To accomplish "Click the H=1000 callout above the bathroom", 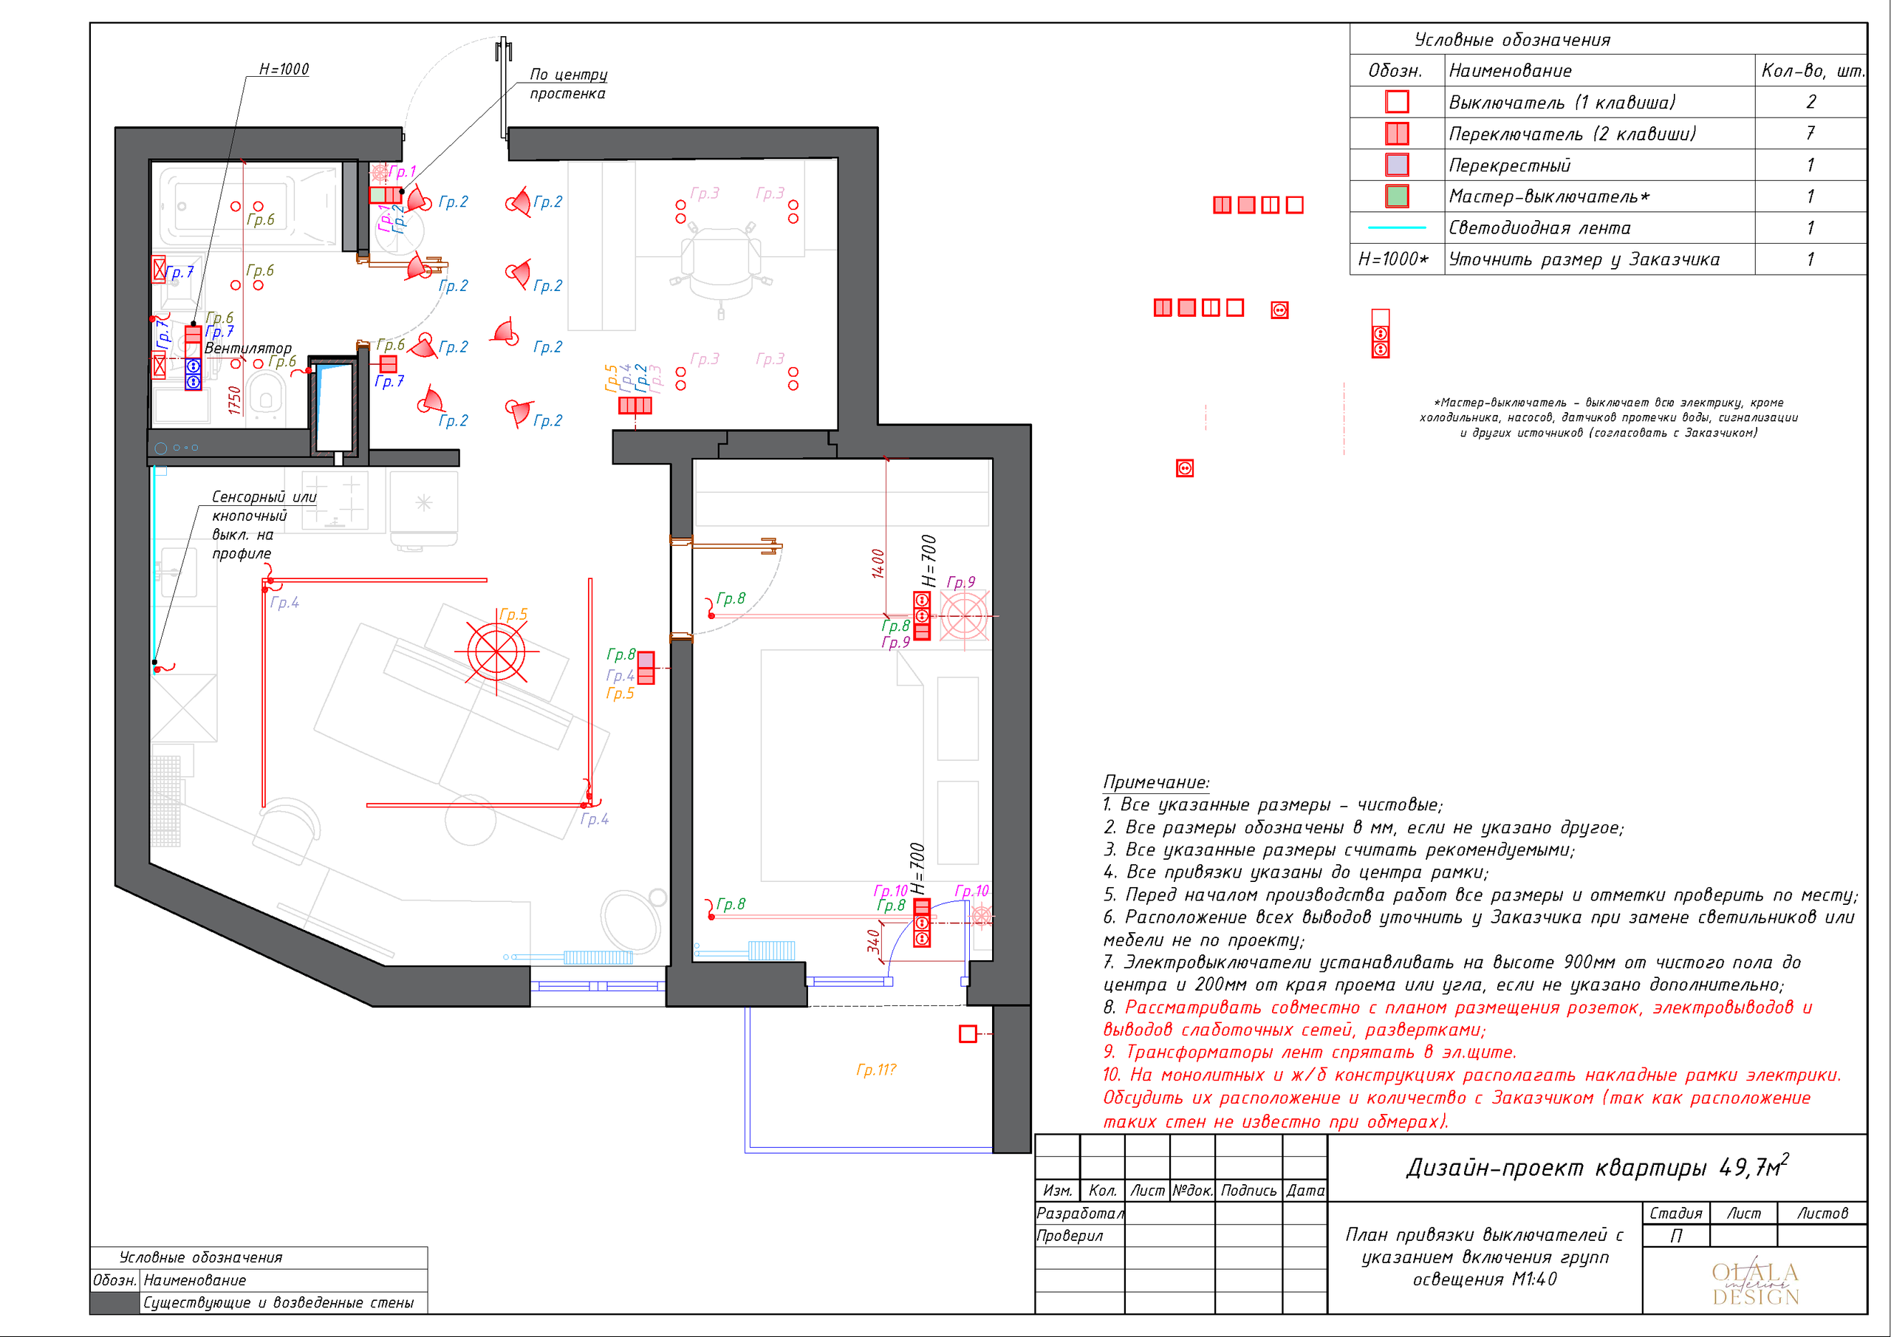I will (x=284, y=69).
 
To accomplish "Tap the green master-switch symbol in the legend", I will (x=1397, y=196).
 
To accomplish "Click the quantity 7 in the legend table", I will (x=1810, y=133).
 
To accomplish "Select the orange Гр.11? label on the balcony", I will (x=875, y=1070).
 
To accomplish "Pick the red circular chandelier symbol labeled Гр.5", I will (x=496, y=652).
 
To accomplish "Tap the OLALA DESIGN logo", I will (x=1755, y=1284).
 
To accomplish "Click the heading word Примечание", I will (x=1155, y=782).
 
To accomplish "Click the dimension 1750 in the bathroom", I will (x=235, y=400).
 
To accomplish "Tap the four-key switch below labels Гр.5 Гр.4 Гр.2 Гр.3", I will (x=635, y=406).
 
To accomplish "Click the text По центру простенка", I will (x=568, y=83).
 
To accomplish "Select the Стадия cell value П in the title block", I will (x=1675, y=1236).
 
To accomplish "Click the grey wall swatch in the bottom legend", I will (x=114, y=1302).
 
